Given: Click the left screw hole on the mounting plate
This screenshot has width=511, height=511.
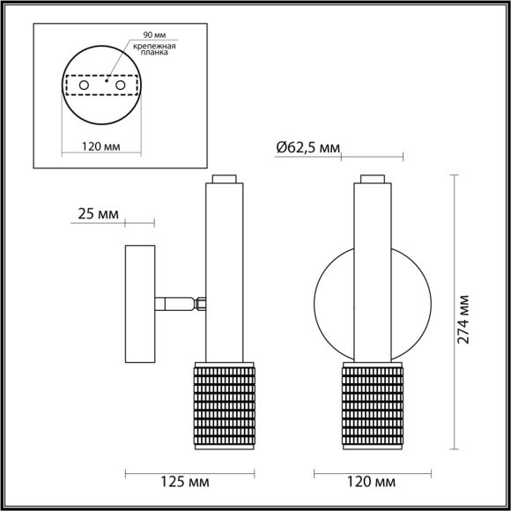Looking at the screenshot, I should (x=84, y=85).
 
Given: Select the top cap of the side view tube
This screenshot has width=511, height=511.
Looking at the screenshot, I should (x=225, y=179).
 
